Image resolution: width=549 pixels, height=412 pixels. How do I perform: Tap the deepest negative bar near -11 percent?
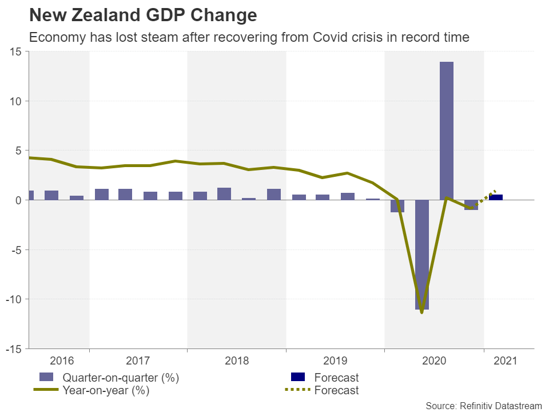point(422,255)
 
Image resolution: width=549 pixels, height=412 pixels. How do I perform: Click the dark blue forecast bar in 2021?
point(496,197)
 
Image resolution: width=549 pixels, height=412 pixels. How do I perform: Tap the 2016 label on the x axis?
point(62,361)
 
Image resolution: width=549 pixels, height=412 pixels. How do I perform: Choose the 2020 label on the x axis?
point(433,361)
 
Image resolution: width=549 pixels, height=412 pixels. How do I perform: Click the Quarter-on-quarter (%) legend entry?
point(121,378)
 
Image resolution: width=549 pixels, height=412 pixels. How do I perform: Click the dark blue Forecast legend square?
point(299,377)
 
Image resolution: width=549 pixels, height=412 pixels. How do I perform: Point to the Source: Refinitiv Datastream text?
point(483,405)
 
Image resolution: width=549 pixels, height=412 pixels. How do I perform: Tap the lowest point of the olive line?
point(421,312)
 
